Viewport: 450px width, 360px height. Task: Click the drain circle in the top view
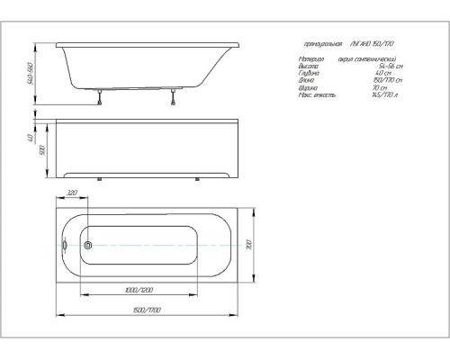[87, 244]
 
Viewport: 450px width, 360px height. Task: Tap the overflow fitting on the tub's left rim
[63, 243]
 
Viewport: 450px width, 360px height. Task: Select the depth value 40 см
[380, 72]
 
